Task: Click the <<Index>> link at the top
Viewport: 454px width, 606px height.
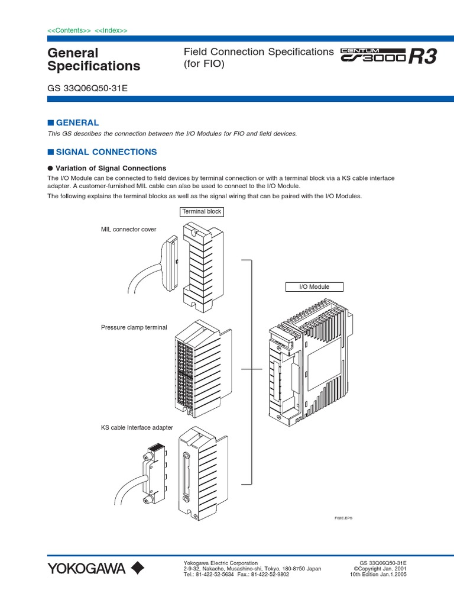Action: (111, 30)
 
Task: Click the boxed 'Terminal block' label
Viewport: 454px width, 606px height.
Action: (202, 211)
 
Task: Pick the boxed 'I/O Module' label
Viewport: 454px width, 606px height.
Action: (315, 286)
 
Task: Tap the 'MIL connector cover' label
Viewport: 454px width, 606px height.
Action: (129, 229)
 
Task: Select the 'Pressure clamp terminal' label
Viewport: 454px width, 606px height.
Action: (134, 327)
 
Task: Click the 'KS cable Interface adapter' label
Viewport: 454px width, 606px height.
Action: (137, 427)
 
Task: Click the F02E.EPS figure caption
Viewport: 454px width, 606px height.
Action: (343, 518)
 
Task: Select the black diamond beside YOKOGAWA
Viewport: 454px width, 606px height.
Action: (137, 569)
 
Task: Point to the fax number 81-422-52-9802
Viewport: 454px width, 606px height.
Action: (270, 575)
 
